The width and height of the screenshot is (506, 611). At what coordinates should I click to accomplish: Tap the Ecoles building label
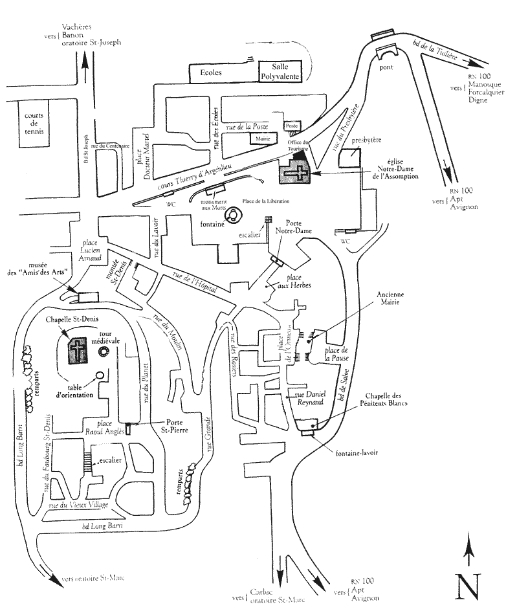(210, 72)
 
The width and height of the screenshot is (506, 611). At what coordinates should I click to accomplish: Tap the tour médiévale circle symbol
(103, 351)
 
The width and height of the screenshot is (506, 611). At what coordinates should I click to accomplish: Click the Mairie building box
(262, 138)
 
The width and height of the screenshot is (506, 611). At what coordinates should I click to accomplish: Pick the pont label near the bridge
(387, 67)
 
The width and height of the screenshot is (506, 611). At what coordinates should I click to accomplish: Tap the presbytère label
(366, 140)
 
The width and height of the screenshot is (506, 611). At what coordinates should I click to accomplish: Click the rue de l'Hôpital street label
(194, 283)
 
